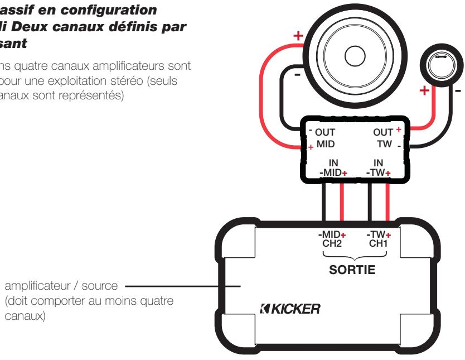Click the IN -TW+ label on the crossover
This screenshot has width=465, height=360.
379,168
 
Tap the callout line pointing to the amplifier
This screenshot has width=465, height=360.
184,286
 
